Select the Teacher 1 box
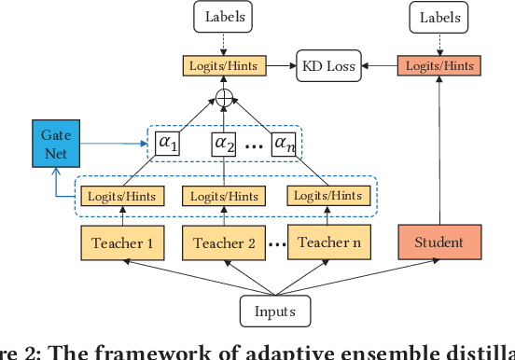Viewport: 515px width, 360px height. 123,244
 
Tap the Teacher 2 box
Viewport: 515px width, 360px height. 225,244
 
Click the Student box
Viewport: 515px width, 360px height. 438,243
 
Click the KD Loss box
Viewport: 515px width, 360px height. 328,65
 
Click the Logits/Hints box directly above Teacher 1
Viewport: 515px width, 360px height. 123,197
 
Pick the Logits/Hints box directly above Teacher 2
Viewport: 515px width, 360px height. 225,197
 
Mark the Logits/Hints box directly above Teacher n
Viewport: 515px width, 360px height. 326,196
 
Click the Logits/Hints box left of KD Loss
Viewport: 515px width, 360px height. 224,65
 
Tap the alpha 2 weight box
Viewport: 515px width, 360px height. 225,144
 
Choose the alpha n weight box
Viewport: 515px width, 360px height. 284,144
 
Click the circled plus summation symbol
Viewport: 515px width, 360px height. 225,99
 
